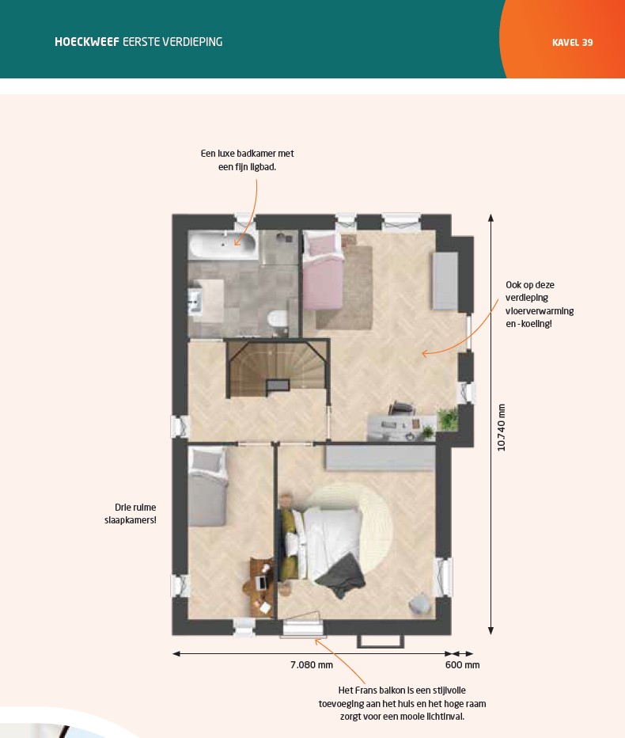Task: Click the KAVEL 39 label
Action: click(x=572, y=42)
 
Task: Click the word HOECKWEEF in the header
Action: click(x=87, y=42)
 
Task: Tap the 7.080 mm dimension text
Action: click(x=312, y=665)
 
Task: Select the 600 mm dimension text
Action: click(x=462, y=665)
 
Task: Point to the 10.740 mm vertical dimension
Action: click(x=502, y=428)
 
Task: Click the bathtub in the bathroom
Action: click(x=222, y=245)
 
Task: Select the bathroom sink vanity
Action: click(x=206, y=300)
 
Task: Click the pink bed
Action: click(x=323, y=272)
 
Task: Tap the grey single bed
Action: click(x=207, y=486)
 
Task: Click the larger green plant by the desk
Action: click(x=447, y=419)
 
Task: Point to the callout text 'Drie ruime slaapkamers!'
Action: click(x=131, y=513)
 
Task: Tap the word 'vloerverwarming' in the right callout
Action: click(x=540, y=311)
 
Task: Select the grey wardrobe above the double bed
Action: click(x=380, y=458)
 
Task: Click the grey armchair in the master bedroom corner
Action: click(x=420, y=604)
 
